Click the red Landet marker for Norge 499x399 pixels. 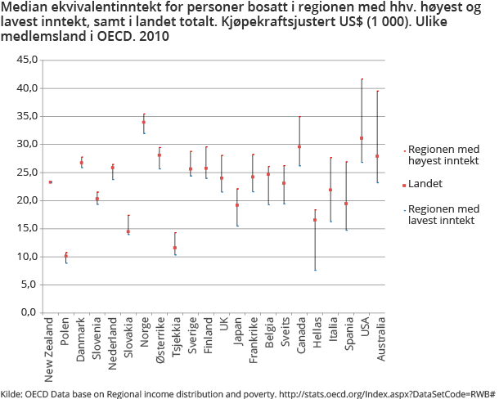click(144, 123)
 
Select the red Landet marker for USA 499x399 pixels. click(362, 138)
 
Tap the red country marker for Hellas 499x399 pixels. click(315, 220)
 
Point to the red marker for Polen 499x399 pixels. click(66, 257)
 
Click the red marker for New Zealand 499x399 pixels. click(51, 182)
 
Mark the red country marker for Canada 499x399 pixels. click(299, 147)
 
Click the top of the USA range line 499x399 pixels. click(362, 79)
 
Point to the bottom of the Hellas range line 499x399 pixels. click(315, 270)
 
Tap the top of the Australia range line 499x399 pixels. click(378, 91)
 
